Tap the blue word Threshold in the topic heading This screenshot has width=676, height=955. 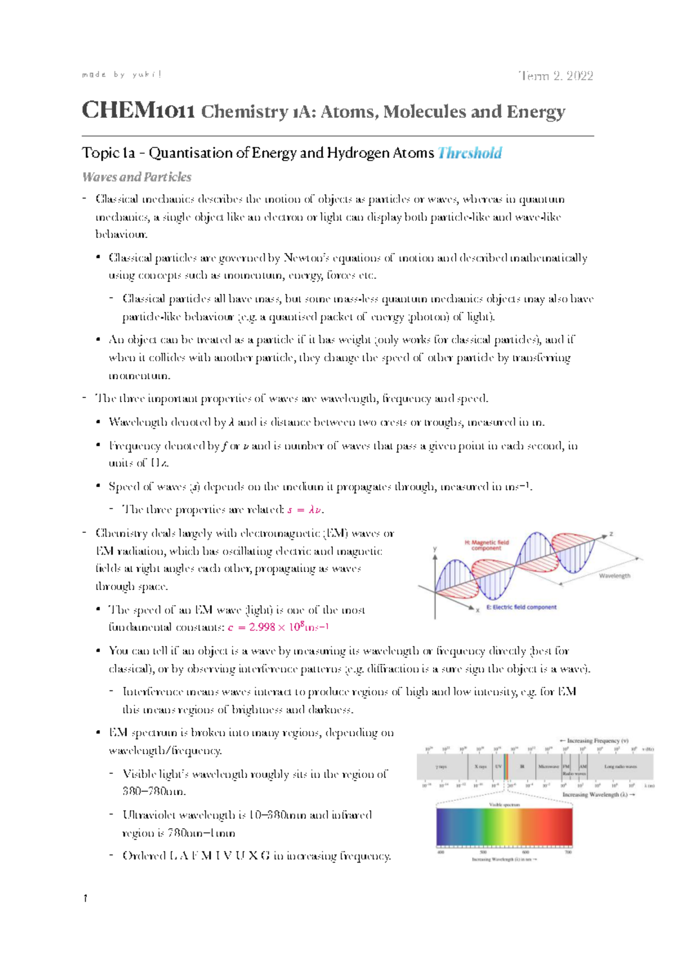pyautogui.click(x=470, y=153)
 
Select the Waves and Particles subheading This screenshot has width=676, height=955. pyautogui.click(x=137, y=177)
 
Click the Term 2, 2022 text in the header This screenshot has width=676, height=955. pyautogui.click(x=556, y=76)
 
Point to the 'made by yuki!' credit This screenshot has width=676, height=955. pyautogui.click(x=122, y=74)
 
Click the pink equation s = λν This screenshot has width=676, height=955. pyautogui.click(x=305, y=510)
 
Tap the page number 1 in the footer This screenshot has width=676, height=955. pyautogui.click(x=85, y=899)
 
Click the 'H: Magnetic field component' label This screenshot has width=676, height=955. pyautogui.click(x=486, y=545)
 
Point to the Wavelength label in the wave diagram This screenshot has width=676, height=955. pyautogui.click(x=615, y=576)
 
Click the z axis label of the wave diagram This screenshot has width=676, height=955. pyautogui.click(x=611, y=534)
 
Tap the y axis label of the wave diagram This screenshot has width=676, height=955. pyautogui.click(x=434, y=548)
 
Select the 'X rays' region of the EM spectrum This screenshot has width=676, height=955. pyautogui.click(x=480, y=767)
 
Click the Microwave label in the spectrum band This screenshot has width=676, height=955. pyautogui.click(x=548, y=767)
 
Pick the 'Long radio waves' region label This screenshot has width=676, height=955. pyautogui.click(x=620, y=767)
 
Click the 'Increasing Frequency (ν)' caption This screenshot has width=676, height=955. pyautogui.click(x=594, y=741)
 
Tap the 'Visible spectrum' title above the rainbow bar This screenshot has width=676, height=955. pyautogui.click(x=504, y=805)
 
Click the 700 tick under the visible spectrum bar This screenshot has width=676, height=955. pyautogui.click(x=568, y=853)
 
